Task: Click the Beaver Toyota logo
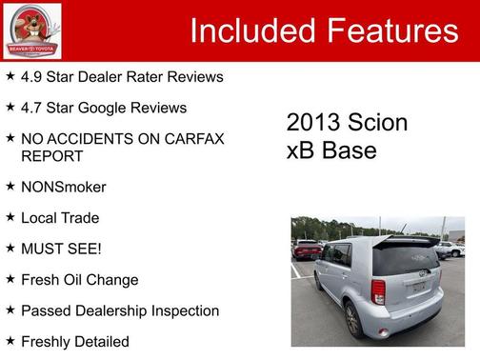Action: tap(32, 31)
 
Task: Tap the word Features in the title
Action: tap(393, 31)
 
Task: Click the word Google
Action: tap(119, 108)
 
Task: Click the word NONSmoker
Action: tap(64, 187)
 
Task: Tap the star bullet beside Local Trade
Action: tap(10, 217)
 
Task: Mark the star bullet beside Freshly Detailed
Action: tap(10, 341)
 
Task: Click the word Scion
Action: tap(379, 123)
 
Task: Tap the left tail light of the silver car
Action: tap(379, 291)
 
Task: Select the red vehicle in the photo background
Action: tap(307, 250)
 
